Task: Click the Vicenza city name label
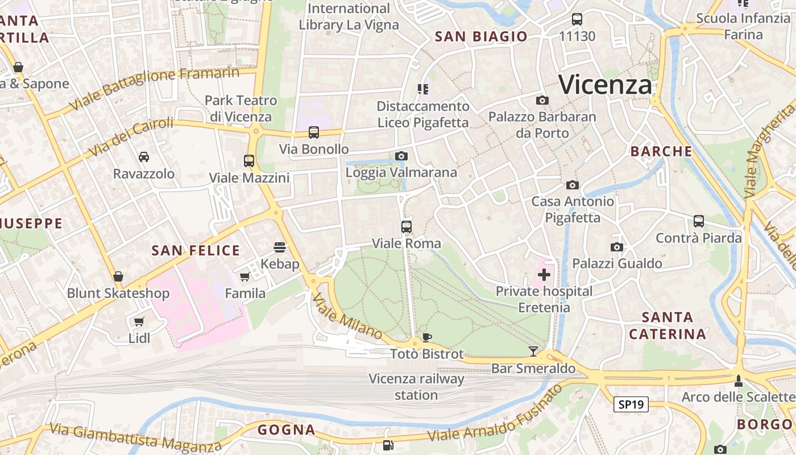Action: pyautogui.click(x=605, y=85)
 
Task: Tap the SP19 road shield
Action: pyautogui.click(x=631, y=404)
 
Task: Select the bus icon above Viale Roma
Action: pyautogui.click(x=406, y=227)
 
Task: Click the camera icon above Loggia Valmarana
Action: pyautogui.click(x=401, y=156)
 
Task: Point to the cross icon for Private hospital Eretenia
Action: pyautogui.click(x=544, y=275)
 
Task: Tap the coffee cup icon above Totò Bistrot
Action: pyautogui.click(x=426, y=337)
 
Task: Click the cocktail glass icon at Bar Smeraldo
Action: pyautogui.click(x=533, y=351)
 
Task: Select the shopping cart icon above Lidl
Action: pyautogui.click(x=139, y=321)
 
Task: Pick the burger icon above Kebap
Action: pyautogui.click(x=279, y=247)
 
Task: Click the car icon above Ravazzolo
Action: pyautogui.click(x=144, y=157)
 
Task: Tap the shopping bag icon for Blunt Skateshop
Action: pyautogui.click(x=118, y=276)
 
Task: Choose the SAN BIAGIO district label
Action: pyautogui.click(x=481, y=37)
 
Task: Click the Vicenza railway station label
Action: pyautogui.click(x=416, y=387)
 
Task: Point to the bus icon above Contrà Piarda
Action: pyautogui.click(x=698, y=221)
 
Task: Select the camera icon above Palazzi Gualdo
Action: pyautogui.click(x=616, y=247)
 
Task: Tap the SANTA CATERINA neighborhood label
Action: pyautogui.click(x=668, y=325)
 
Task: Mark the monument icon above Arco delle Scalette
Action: pyautogui.click(x=738, y=380)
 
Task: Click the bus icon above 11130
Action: pyautogui.click(x=577, y=19)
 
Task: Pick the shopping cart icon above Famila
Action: pyautogui.click(x=245, y=276)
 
